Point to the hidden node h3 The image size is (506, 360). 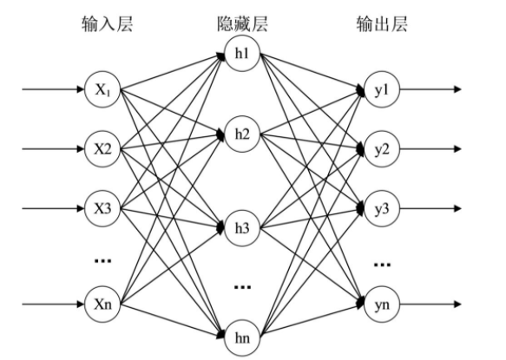(x=240, y=227)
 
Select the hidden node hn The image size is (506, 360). (x=240, y=337)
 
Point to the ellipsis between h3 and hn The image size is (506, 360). (x=240, y=285)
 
